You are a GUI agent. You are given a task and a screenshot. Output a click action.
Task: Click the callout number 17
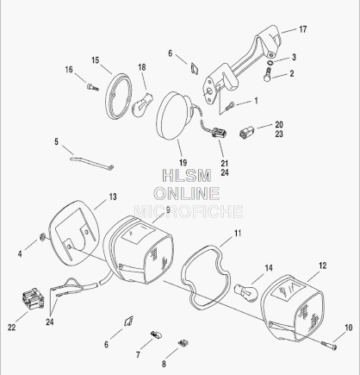(303, 29)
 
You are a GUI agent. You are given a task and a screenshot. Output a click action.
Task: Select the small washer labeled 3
(270, 62)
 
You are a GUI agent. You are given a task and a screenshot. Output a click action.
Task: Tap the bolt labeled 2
(268, 74)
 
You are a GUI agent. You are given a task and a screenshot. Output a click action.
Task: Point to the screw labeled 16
(92, 87)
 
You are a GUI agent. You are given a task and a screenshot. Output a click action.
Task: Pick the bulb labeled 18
(142, 105)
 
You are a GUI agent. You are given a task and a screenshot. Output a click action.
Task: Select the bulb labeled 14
(246, 292)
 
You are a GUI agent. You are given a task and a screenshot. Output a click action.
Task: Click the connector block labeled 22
(33, 299)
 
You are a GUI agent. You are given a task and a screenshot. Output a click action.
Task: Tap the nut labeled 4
(42, 237)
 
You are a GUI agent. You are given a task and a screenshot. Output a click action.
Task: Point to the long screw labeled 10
(328, 345)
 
